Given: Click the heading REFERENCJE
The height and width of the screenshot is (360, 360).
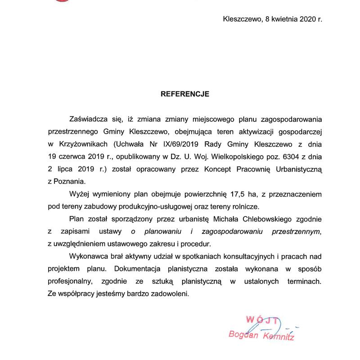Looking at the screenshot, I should pyautogui.click(x=185, y=94).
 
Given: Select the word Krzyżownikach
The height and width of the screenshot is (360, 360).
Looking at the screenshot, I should pyautogui.click(x=80, y=144).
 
